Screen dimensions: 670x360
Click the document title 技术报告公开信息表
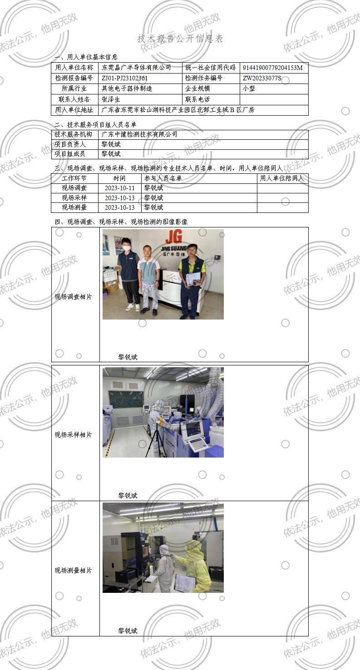(x=180, y=39)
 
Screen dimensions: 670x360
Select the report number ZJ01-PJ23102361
(x=125, y=78)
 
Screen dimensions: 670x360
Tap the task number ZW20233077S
(x=262, y=78)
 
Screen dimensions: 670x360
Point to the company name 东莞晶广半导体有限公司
(x=136, y=68)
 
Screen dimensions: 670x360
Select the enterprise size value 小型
(x=249, y=89)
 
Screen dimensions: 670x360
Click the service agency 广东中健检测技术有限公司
(x=139, y=134)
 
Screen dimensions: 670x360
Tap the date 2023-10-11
(x=120, y=188)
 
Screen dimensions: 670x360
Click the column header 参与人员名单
(x=163, y=178)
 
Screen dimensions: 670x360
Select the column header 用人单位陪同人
(x=282, y=178)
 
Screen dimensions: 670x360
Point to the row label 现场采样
(x=74, y=198)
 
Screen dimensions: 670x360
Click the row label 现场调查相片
(x=74, y=297)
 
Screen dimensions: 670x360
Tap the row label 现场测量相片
(x=74, y=571)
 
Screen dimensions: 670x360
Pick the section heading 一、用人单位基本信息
(x=86, y=57)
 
